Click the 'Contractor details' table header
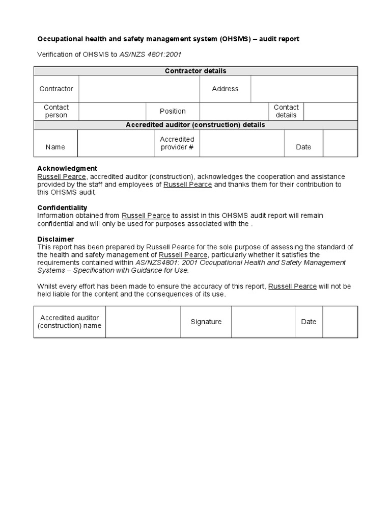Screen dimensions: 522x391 click(x=195, y=71)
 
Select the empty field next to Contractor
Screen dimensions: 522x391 click(x=139, y=89)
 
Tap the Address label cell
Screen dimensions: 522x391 click(x=225, y=89)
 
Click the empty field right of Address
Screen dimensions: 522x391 click(x=304, y=89)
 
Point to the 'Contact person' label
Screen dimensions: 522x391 click(x=56, y=111)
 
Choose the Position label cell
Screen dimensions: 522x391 click(x=173, y=111)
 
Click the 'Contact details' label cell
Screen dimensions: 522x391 click(x=286, y=111)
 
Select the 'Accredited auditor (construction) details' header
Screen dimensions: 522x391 click(x=195, y=125)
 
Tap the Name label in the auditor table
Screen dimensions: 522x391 click(x=55, y=147)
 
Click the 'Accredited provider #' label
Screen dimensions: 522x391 click(x=177, y=143)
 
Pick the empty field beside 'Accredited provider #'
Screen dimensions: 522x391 click(x=242, y=143)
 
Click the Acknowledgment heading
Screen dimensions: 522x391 click(x=67, y=169)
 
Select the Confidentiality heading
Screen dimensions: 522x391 click(x=62, y=208)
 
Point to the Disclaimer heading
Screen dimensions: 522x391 click(x=55, y=239)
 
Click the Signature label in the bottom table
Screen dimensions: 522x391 click(x=206, y=322)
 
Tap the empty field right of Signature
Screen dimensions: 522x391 click(x=263, y=322)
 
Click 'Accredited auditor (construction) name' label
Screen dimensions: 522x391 click(x=70, y=322)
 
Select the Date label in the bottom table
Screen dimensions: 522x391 click(x=309, y=322)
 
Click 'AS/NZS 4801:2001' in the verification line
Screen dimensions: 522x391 click(x=150, y=54)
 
